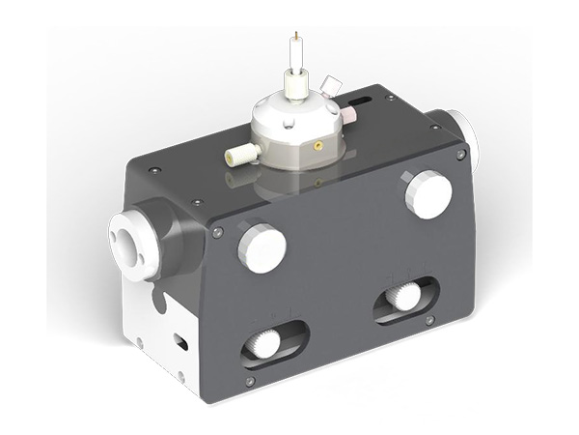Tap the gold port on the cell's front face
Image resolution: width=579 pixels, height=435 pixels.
click(x=315, y=146)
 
